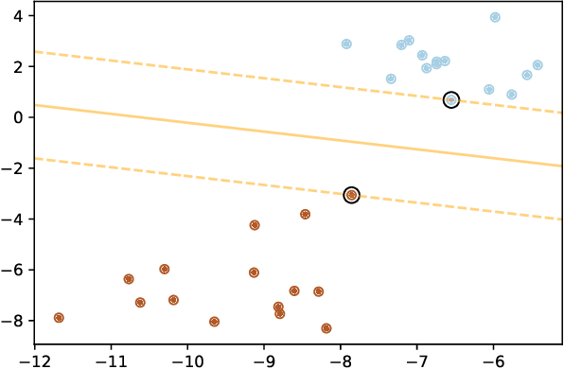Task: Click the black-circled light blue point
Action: point(450,99)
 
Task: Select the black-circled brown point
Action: point(351,195)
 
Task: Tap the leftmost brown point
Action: point(59,318)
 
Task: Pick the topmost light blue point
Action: point(495,17)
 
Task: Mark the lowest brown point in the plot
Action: point(326,328)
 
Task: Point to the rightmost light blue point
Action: point(538,65)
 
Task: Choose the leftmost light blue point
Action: point(346,44)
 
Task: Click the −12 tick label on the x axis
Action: point(34,360)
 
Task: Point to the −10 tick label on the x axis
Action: point(187,360)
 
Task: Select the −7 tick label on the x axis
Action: point(417,360)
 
